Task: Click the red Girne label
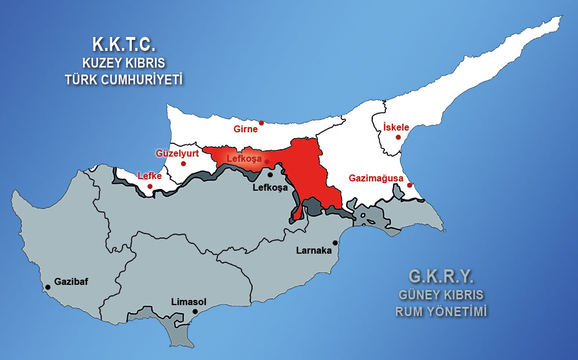pyautogui.click(x=246, y=129)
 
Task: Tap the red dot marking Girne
pyautogui.click(x=261, y=123)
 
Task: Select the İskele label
pyautogui.click(x=396, y=127)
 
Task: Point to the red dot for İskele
pyautogui.click(x=398, y=137)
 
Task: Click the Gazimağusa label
pyautogui.click(x=376, y=179)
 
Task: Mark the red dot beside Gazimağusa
pyautogui.click(x=409, y=185)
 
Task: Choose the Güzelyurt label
pyautogui.click(x=177, y=153)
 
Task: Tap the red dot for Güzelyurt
pyautogui.click(x=183, y=164)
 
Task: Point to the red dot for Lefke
pyautogui.click(x=150, y=186)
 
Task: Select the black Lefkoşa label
pyautogui.click(x=271, y=188)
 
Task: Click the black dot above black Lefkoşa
pyautogui.click(x=270, y=175)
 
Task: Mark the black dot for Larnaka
pyautogui.click(x=335, y=243)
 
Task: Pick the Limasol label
pyautogui.click(x=189, y=302)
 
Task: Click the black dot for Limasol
pyautogui.click(x=195, y=311)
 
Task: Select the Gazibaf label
pyautogui.click(x=71, y=282)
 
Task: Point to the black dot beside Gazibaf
pyautogui.click(x=46, y=286)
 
